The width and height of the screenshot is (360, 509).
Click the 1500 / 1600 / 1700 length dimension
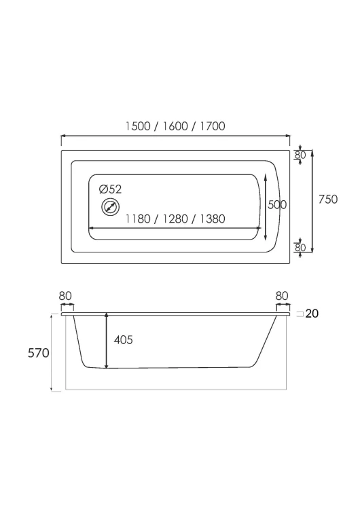click(x=175, y=126)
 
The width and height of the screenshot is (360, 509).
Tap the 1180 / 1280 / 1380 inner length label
click(x=175, y=219)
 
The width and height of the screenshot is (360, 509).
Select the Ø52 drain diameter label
click(x=111, y=189)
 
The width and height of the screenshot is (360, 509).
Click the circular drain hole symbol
click(x=111, y=207)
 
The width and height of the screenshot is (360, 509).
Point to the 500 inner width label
click(x=277, y=204)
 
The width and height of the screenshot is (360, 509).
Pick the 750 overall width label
click(x=328, y=199)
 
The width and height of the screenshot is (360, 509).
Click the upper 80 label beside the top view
click(x=300, y=155)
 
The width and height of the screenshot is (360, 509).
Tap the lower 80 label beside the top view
click(x=300, y=247)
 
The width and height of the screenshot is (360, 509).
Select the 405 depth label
click(x=124, y=340)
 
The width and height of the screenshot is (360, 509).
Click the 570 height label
click(x=38, y=353)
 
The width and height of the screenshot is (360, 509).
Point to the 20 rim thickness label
click(x=312, y=314)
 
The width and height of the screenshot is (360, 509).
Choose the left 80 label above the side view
click(x=65, y=296)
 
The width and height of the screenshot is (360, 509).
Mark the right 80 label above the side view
click(x=282, y=296)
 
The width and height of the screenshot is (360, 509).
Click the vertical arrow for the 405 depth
click(x=106, y=341)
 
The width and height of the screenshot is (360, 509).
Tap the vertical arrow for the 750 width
click(x=312, y=201)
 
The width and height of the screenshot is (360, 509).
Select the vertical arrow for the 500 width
click(x=266, y=207)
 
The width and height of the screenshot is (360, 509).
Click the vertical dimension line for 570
click(x=52, y=352)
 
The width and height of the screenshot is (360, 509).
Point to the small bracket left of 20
click(x=300, y=314)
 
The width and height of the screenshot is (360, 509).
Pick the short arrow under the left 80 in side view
click(x=67, y=305)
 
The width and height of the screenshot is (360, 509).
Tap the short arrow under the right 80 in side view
click(x=283, y=305)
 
